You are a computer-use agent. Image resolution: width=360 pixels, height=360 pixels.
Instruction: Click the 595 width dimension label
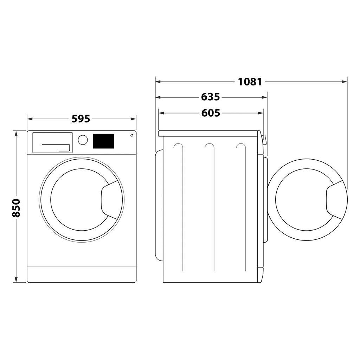pos(81,119)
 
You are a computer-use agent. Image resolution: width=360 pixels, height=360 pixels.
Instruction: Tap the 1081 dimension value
pos(250,82)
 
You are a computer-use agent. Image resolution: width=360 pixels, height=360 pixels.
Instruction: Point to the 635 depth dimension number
pos(211,97)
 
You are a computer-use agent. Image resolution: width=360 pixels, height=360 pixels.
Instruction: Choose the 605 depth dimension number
pos(211,113)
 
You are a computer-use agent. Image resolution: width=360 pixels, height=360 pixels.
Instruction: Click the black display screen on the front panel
pos(103,141)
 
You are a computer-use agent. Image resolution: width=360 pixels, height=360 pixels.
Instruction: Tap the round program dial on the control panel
pos(83,140)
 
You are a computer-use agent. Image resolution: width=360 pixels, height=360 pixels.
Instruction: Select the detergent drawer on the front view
pos(52,143)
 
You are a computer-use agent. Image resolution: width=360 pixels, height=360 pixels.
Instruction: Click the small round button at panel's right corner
pos(132,135)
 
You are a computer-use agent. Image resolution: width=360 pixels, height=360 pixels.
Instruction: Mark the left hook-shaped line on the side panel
pos(179,148)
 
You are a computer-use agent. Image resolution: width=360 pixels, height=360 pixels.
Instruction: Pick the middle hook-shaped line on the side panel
pos(210,148)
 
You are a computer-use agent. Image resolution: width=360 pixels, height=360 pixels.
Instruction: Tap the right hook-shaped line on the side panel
pos(241,148)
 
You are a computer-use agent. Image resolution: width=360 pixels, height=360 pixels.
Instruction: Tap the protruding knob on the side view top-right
pos(264,140)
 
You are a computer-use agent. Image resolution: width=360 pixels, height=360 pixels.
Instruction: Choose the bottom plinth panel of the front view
pos(82,274)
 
